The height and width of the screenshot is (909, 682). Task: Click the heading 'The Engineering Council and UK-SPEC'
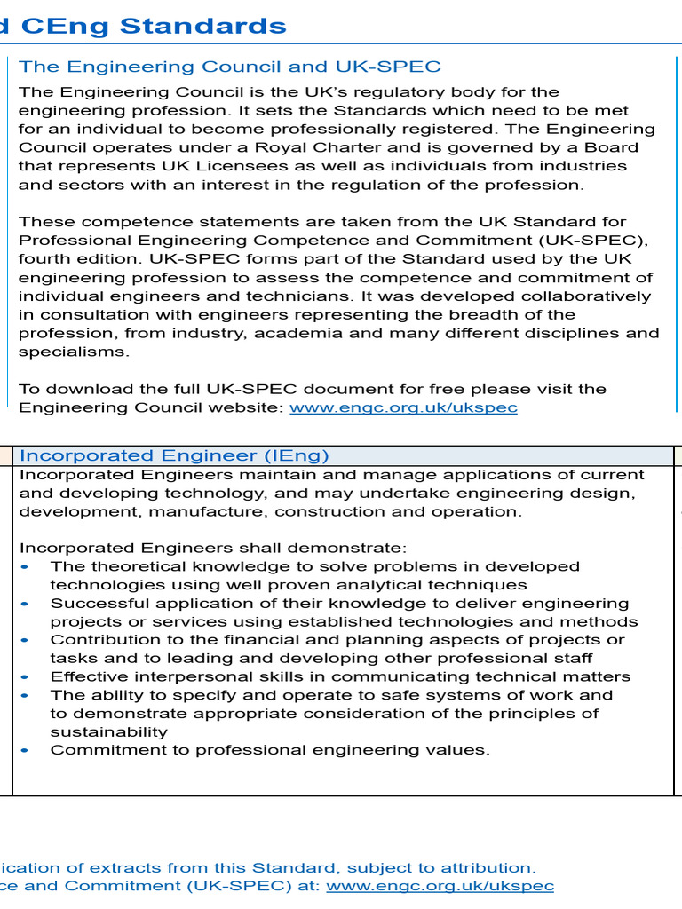230,67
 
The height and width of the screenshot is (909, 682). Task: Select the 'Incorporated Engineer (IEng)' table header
174,455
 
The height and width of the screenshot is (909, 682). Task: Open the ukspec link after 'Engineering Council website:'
403,407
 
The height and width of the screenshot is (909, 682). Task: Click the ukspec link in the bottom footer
440,886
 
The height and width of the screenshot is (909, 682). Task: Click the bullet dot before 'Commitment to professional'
24,750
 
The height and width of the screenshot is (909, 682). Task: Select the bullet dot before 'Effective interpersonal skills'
24,676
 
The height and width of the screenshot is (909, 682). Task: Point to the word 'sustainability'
108,732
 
